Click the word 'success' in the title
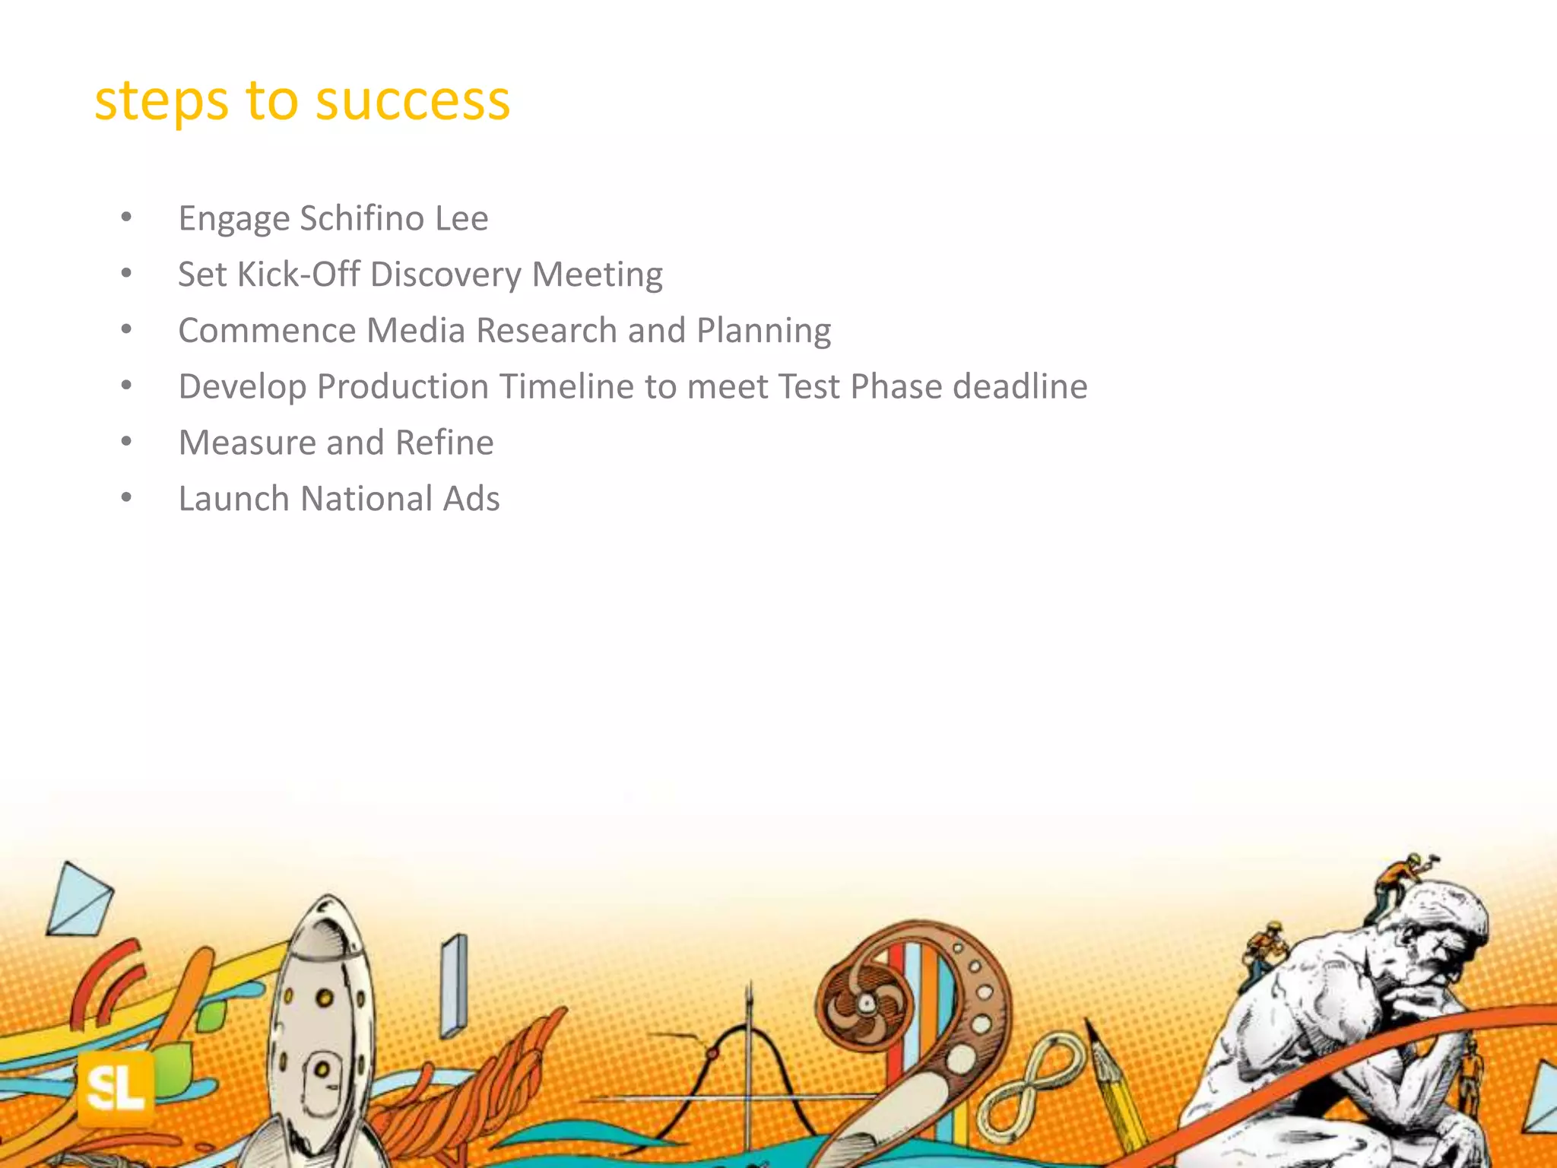pyautogui.click(x=412, y=101)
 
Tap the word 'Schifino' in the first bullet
pyautogui.click(x=362, y=218)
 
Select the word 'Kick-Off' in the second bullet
pyautogui.click(x=298, y=275)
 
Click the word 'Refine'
pyautogui.click(x=444, y=443)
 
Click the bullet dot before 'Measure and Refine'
pyautogui.click(x=126, y=442)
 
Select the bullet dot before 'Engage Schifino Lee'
pyautogui.click(x=126, y=218)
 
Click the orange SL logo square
pyautogui.click(x=116, y=1089)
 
